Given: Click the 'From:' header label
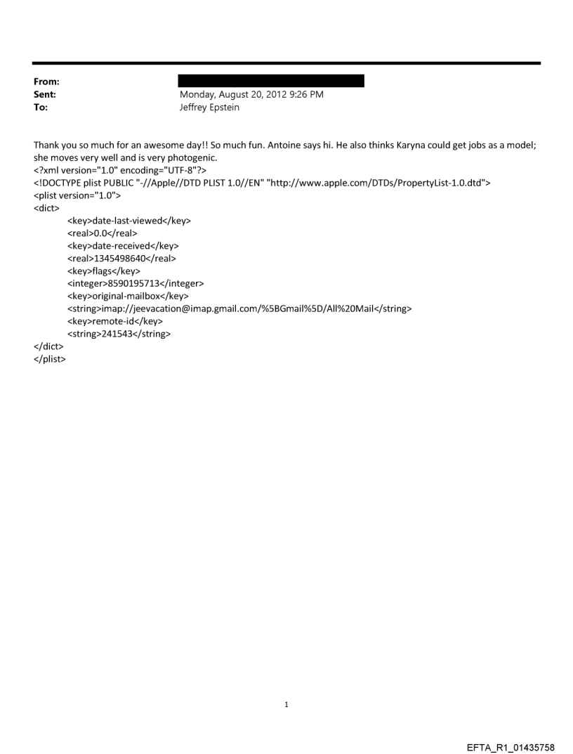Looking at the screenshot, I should coord(46,82).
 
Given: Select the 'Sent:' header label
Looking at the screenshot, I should coord(44,94).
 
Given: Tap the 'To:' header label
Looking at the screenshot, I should coord(41,108).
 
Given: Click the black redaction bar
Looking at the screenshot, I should coord(272,81).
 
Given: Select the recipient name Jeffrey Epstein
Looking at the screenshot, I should coord(209,108).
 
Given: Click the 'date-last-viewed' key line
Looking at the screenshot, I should coord(129,221).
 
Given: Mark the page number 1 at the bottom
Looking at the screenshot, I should coord(286,704).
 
